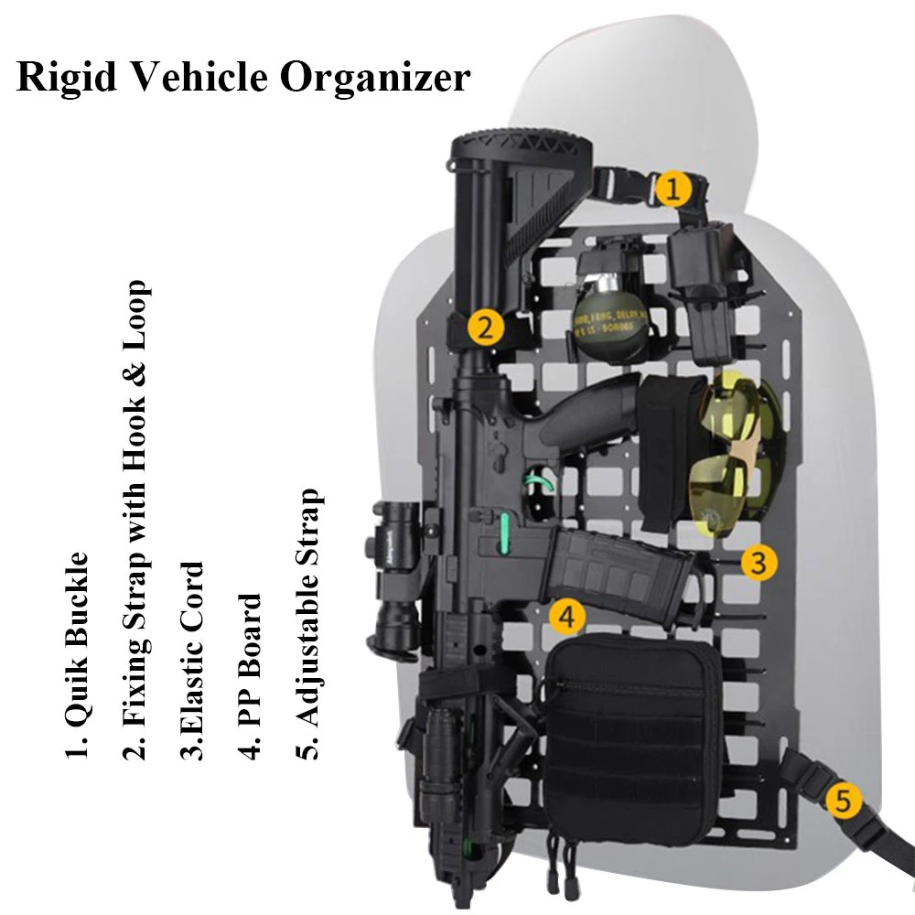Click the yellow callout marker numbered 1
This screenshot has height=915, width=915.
672,190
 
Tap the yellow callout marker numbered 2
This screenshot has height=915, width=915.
486,326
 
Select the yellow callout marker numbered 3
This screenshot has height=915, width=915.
759,563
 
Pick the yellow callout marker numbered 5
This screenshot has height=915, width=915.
843,802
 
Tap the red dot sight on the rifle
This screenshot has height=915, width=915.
403,540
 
